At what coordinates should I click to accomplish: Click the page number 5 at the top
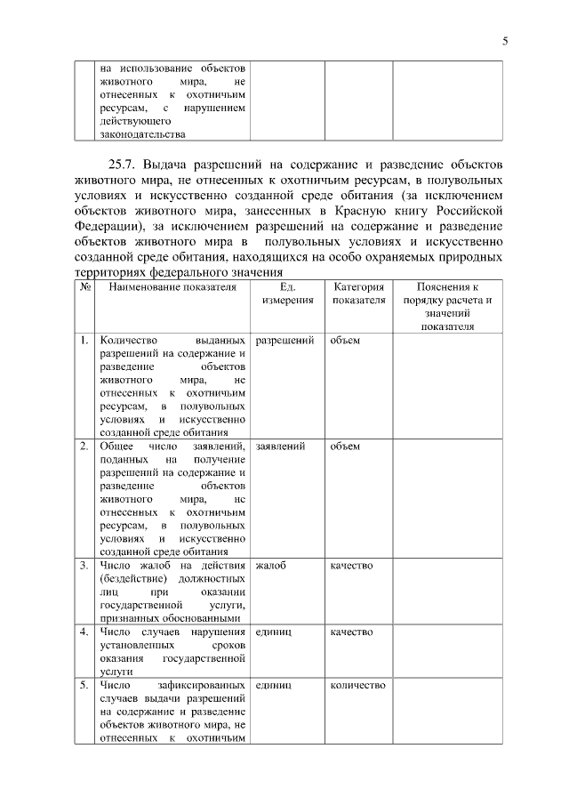point(504,40)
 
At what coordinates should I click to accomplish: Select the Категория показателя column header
point(358,294)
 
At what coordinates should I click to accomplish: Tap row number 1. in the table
point(84,341)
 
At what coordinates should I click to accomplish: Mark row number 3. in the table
point(84,566)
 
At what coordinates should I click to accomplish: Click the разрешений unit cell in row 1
point(284,341)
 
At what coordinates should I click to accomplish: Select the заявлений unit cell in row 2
point(280,447)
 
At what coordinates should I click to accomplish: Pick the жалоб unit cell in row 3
point(270,566)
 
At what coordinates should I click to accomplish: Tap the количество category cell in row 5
point(357,685)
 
